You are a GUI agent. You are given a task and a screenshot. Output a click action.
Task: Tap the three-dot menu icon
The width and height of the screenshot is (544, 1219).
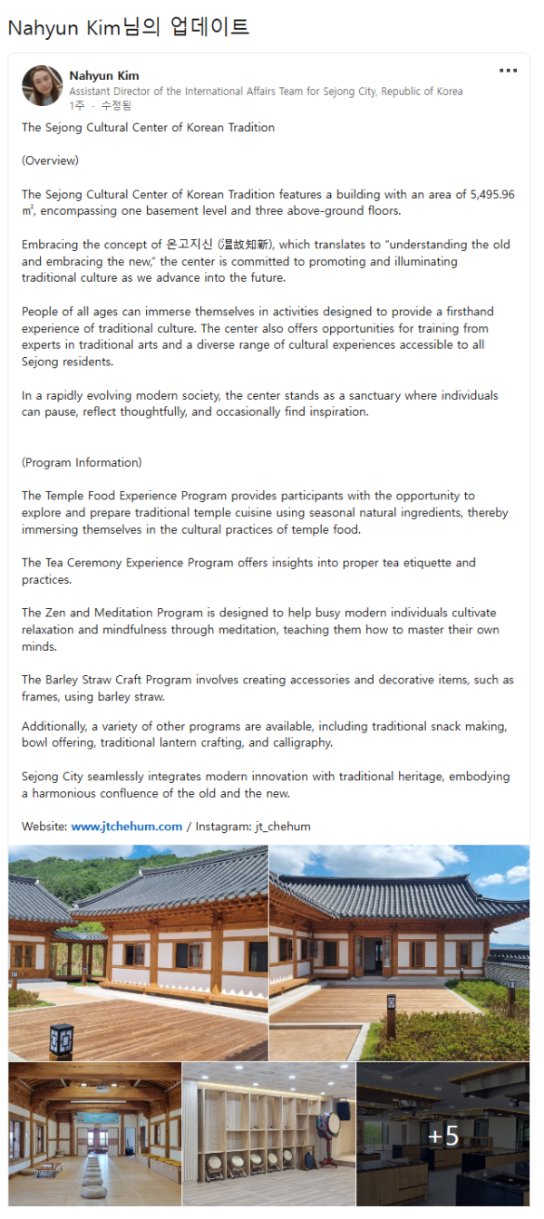508,71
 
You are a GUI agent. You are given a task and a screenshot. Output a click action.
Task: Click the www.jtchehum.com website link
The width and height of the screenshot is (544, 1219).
127,827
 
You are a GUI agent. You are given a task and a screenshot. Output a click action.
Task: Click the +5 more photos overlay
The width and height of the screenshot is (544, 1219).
442,1136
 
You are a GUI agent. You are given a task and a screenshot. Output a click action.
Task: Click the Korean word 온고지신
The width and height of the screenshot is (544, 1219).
189,245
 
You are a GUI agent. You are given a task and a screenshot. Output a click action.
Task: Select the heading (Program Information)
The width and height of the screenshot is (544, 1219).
82,463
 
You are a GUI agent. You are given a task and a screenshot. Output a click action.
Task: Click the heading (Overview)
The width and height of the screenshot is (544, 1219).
51,161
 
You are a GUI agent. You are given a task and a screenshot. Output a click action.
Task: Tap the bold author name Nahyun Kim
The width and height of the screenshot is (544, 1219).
104,76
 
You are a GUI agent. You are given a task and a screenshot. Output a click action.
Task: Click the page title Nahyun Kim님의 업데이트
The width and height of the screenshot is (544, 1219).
128,28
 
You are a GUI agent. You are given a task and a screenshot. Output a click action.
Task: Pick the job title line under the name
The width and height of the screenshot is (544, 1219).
266,92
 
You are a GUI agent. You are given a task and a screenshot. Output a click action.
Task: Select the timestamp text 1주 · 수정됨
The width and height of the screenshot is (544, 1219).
100,106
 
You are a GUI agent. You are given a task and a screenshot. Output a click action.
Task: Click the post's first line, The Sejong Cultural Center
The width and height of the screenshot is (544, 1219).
148,128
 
